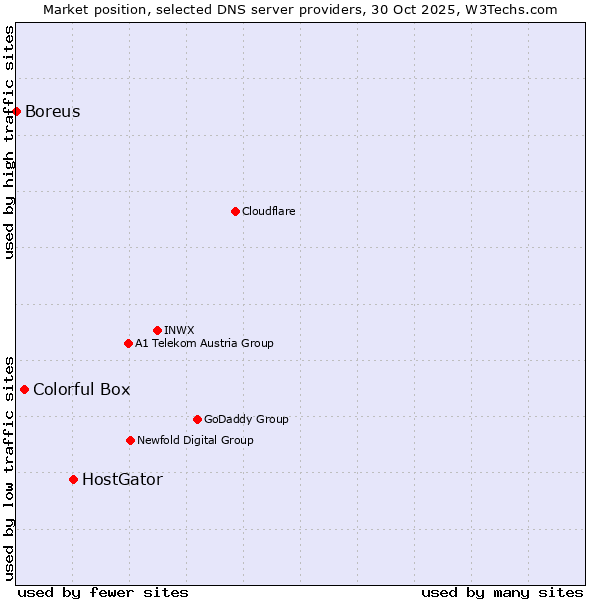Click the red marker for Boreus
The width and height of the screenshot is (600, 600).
17,111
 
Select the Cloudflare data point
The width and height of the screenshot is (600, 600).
235,211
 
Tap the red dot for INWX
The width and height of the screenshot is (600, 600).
157,330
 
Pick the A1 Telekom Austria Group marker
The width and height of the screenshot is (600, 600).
128,343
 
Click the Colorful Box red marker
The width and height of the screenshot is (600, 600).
25,389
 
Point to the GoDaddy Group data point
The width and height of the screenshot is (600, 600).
197,419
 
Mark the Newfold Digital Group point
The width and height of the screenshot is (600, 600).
130,440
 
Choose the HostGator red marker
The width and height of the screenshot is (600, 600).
73,479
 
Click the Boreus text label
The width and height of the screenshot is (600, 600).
52,111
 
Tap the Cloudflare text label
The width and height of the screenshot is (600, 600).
268,211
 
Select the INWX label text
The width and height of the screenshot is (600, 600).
179,330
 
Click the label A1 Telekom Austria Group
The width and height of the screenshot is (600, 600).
204,343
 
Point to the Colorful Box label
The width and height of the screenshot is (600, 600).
81,389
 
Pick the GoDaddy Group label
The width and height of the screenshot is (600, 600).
245,419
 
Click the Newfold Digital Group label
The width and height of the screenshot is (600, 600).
195,440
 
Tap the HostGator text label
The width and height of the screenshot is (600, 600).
122,479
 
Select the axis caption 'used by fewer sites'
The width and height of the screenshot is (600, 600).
103,592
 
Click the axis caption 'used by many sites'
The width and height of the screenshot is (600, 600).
502,592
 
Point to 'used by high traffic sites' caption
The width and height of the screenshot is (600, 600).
9,142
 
